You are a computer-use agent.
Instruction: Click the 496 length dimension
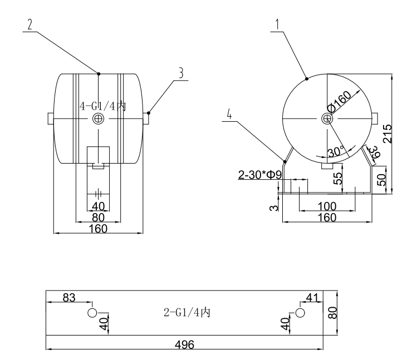pyautogui.click(x=184, y=345)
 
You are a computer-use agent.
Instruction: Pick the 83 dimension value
pyautogui.click(x=69, y=298)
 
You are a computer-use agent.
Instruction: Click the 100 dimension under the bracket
pyautogui.click(x=327, y=206)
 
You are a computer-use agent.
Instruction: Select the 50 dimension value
pyautogui.click(x=381, y=180)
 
